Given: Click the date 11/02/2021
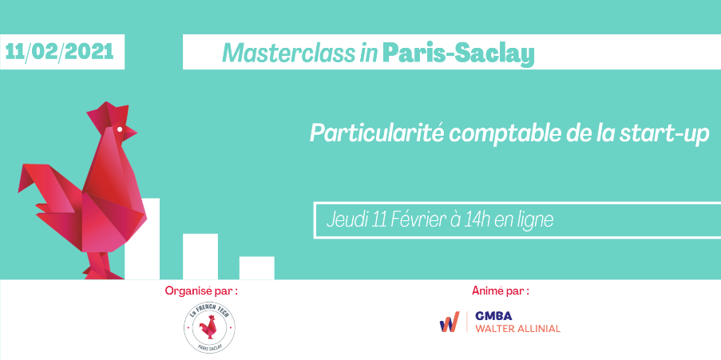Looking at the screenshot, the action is click(x=59, y=51).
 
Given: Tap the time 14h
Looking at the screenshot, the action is click(x=477, y=220).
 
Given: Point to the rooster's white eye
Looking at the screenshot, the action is click(x=120, y=129).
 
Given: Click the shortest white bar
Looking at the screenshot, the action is click(x=256, y=267).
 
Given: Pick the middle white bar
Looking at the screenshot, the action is click(x=200, y=256).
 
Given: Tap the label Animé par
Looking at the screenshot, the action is click(x=501, y=291).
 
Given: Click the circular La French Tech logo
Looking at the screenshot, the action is click(x=209, y=328).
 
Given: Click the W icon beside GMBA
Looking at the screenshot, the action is click(x=450, y=322).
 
